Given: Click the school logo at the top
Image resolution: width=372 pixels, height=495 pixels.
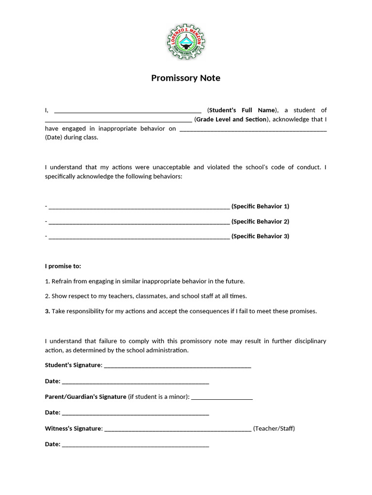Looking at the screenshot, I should point(186,43).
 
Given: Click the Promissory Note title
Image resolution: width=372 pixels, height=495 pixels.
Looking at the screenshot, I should point(186,78).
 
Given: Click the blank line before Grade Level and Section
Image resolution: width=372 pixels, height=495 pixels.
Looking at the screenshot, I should point(118,120).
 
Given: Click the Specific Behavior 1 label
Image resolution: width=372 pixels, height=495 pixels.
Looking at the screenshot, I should point(260,206).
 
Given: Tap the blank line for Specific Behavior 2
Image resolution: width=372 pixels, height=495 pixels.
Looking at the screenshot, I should point(139,222).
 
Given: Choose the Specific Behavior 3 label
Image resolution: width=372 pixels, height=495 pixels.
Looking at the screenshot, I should point(260,236).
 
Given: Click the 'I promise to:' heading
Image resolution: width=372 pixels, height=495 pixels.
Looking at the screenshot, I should point(63,266).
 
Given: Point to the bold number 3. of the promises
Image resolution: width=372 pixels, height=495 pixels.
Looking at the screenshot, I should point(47,311).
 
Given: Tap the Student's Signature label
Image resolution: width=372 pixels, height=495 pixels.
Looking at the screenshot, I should point(73,365).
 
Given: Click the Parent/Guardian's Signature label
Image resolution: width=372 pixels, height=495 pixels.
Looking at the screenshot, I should point(85,397).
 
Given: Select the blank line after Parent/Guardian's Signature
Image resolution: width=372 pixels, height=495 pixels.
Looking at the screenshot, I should point(222,397).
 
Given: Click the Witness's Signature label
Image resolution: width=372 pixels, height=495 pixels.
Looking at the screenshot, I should point(74,429).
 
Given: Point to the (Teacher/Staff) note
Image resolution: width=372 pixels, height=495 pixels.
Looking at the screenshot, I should point(274,429).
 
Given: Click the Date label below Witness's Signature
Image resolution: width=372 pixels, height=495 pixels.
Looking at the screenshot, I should point(52,444).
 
